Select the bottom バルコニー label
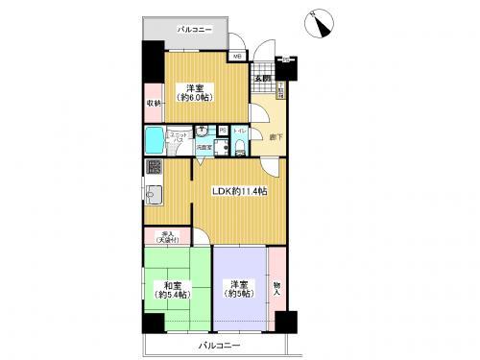click(220, 345)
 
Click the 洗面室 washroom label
click(204, 147)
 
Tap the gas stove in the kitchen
click(153, 167)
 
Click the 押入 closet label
click(162, 235)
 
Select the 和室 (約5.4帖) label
click(174, 288)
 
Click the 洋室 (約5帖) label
click(239, 288)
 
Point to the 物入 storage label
click(277, 288)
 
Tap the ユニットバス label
click(179, 137)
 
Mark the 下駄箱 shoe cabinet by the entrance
click(279, 91)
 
